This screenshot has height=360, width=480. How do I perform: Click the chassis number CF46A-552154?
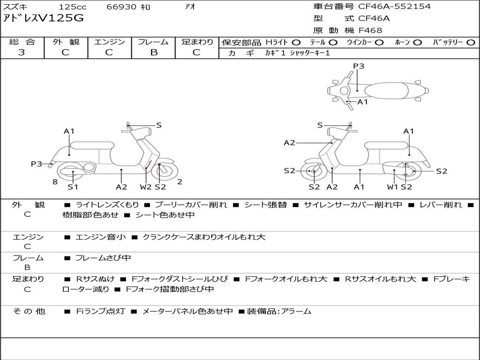coord(394,7)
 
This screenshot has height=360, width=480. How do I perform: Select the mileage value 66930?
coord(121,7)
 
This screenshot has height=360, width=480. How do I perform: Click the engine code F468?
coord(370,30)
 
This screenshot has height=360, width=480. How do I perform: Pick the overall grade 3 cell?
coord(22,52)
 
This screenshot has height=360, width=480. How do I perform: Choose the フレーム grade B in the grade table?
coord(153,52)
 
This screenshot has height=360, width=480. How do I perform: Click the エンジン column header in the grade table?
coord(109,42)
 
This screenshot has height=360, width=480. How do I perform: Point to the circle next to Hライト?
coord(296,43)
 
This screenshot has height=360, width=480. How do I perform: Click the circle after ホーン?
coord(417,43)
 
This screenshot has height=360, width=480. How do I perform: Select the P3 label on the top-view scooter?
coord(359,66)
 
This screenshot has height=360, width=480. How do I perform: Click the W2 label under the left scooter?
coord(146,187)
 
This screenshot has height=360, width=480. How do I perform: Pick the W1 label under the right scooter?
coord(392,187)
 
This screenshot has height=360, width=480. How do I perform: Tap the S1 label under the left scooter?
coord(73,187)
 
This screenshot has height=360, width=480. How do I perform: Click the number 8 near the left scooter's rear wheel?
coord(55,182)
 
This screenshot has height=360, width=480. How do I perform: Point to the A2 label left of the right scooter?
coord(289,143)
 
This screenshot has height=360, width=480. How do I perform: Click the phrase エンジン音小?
coord(100,237)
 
